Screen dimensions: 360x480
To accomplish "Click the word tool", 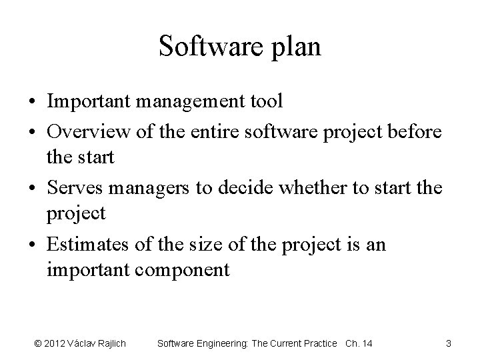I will click(x=266, y=101).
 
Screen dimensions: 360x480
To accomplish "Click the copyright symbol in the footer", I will click(x=38, y=343).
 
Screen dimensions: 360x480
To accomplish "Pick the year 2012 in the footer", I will click(x=55, y=343).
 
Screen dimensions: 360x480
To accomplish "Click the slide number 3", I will click(x=448, y=343).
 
